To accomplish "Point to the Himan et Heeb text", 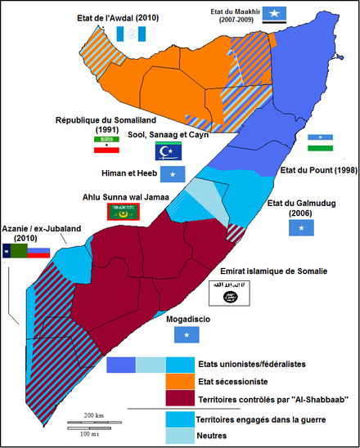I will coord(128,173).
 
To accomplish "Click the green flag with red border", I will coord(124,212).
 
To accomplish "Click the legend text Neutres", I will coord(212,436).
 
